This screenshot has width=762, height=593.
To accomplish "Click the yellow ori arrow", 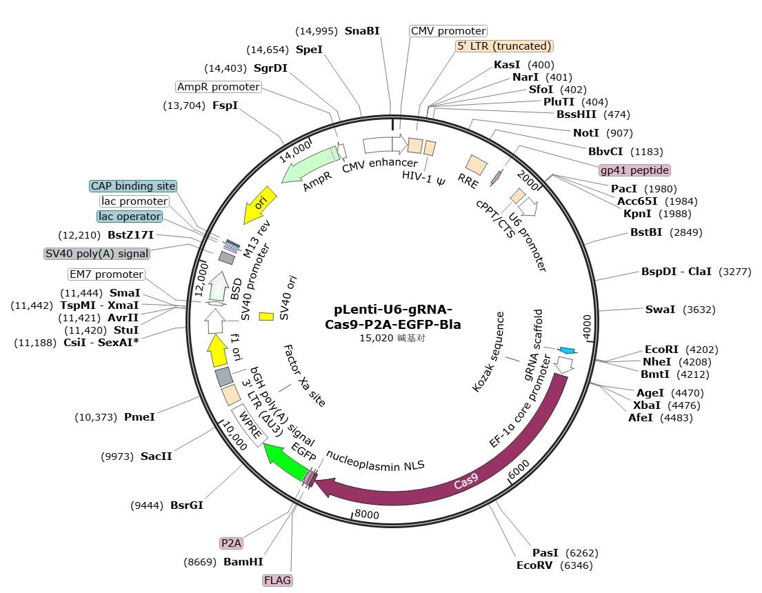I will tap(260, 205).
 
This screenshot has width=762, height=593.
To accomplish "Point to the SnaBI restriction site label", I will tap(362, 31).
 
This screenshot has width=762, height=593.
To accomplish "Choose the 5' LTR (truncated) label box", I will tap(505, 46).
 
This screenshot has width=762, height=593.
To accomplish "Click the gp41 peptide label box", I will tap(634, 170).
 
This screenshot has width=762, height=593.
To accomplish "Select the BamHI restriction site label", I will tap(243, 562).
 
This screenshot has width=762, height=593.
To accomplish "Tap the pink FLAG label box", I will tap(278, 581).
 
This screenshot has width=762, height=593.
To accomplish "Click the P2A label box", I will tap(232, 543).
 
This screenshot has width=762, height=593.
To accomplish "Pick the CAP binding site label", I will tap(133, 186).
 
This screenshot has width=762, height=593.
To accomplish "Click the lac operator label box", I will tap(130, 217).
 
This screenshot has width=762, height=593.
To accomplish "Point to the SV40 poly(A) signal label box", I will tap(97, 253).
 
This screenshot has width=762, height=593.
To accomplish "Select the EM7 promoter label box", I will tap(106, 274).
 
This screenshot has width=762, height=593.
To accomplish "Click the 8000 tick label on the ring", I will tap(366, 514).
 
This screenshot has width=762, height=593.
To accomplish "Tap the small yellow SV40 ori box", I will tap(266, 316).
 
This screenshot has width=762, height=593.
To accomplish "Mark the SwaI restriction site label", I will tap(661, 310).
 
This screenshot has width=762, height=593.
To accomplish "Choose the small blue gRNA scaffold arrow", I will tap(567, 351).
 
